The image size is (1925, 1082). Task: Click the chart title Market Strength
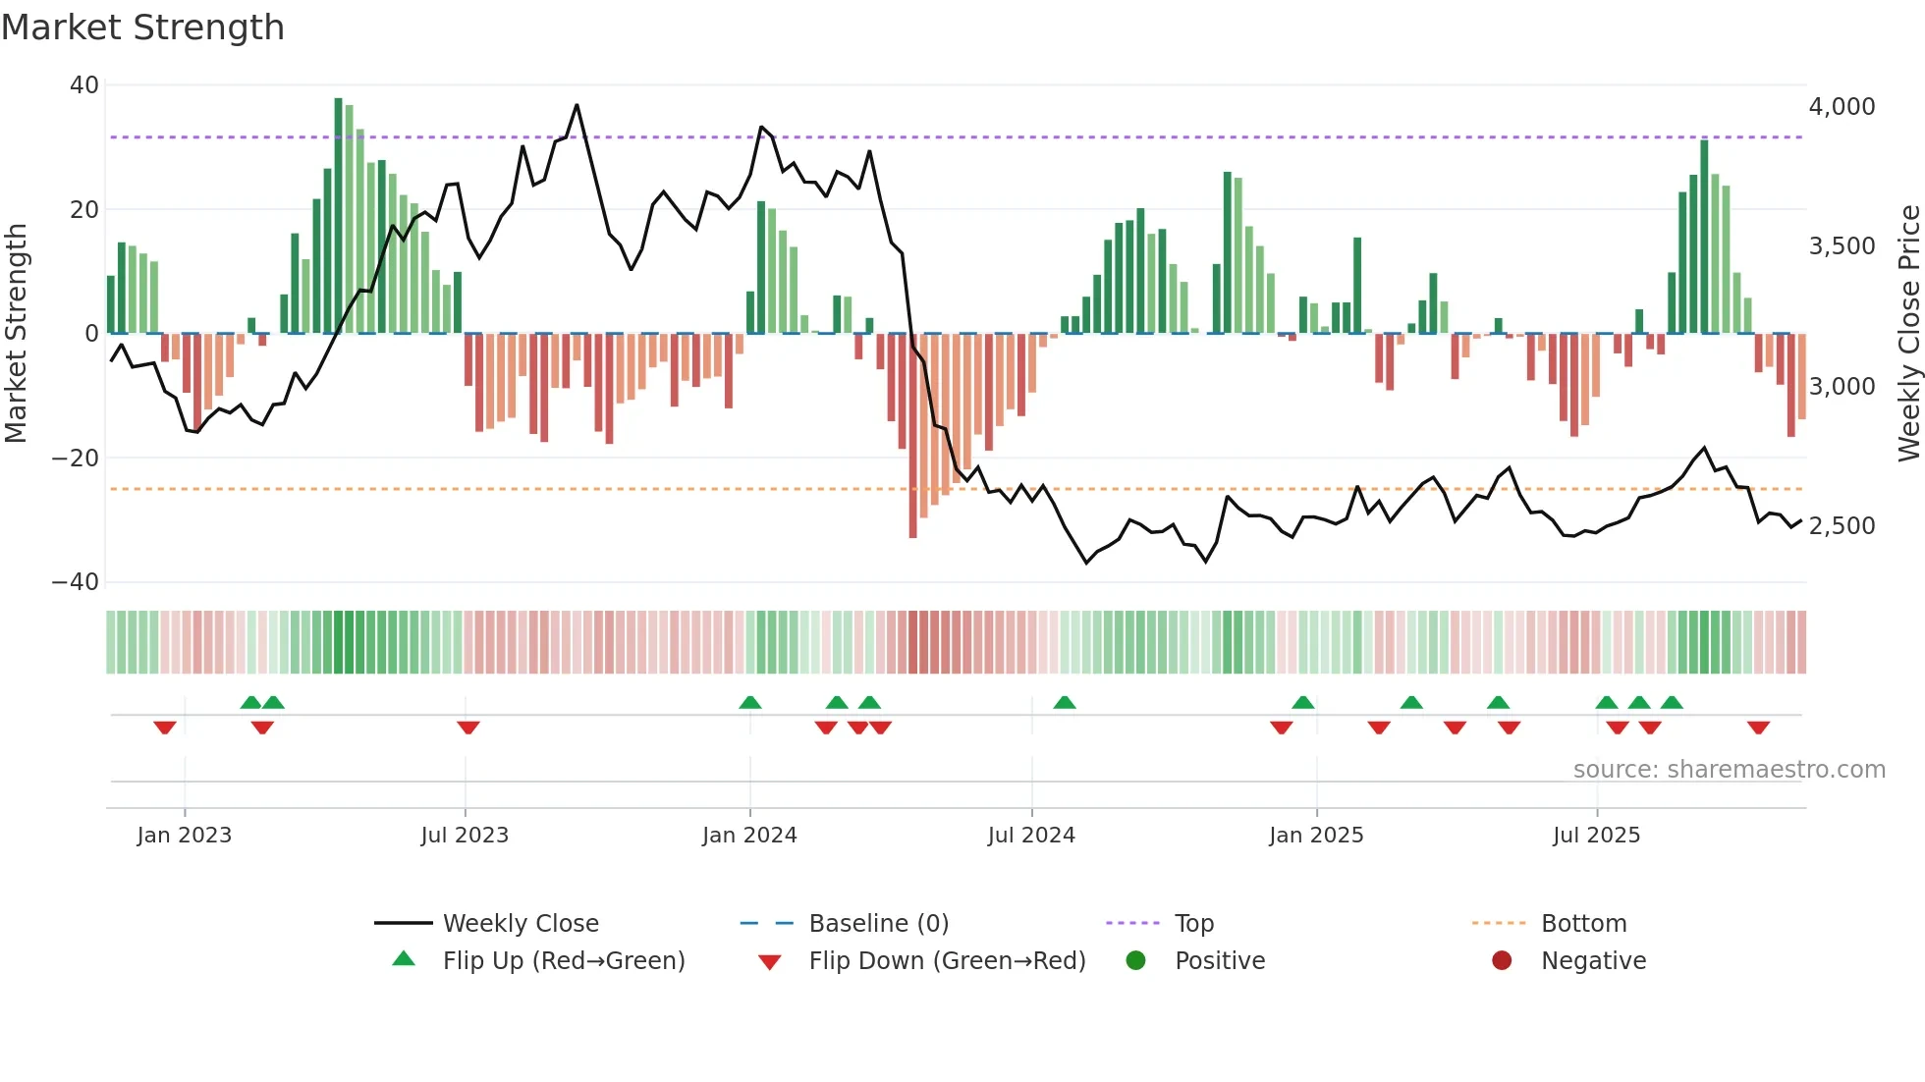coord(142,27)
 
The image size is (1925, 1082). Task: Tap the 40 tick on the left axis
coord(83,85)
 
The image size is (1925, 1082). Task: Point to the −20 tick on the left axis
coord(76,459)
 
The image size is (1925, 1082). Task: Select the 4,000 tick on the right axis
coord(1842,107)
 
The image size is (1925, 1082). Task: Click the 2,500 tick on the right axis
coord(1842,526)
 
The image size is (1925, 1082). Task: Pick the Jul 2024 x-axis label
coord(1031,836)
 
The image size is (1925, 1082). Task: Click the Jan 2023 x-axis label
coord(185,836)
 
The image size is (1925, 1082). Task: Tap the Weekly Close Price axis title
coord(1908,334)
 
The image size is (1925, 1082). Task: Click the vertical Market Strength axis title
coord(16,334)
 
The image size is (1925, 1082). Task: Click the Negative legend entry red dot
coord(1502,961)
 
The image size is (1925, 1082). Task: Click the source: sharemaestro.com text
coord(1729,770)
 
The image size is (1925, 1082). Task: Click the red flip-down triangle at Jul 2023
coord(468,728)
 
